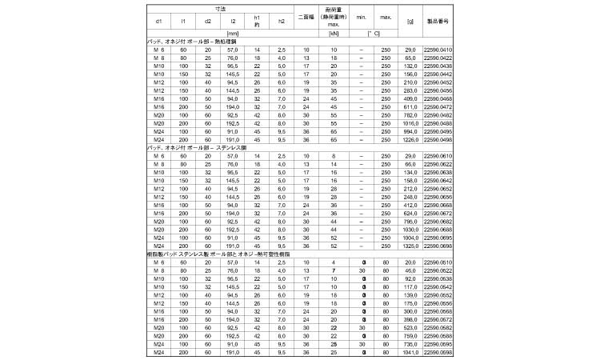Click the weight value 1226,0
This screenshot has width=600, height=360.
click(410, 139)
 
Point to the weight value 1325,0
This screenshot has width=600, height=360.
click(410, 246)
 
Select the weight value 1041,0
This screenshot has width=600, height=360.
click(410, 353)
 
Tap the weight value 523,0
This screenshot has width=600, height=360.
click(410, 328)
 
